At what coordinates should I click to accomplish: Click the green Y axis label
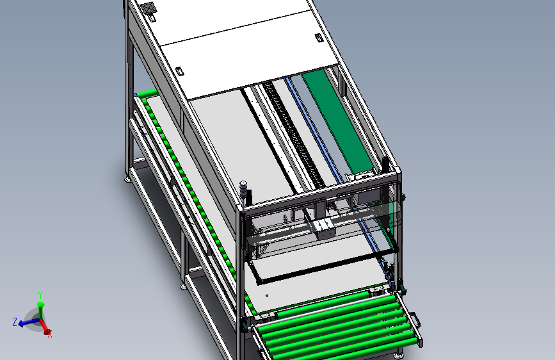pyautogui.click(x=40, y=295)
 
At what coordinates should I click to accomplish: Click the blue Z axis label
pyautogui.click(x=15, y=322)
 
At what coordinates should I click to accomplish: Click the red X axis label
pyautogui.click(x=49, y=334)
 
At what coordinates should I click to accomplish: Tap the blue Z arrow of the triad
pyautogui.click(x=29, y=322)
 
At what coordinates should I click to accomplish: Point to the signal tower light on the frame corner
pyautogui.click(x=243, y=190)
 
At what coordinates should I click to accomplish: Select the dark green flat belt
pyautogui.click(x=337, y=120)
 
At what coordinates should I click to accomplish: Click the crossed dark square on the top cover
pyautogui.click(x=149, y=8)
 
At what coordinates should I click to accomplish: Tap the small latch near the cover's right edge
pyautogui.click(x=319, y=38)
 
